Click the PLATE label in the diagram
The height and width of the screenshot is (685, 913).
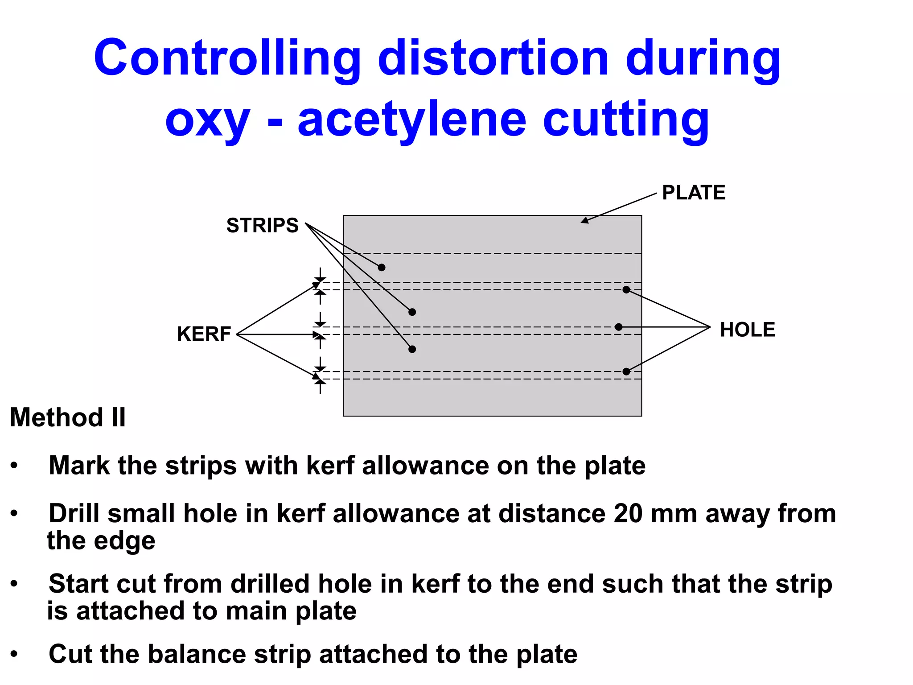[x=693, y=193]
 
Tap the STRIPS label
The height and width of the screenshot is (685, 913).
[x=262, y=225]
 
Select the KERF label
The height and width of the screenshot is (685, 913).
[x=204, y=334]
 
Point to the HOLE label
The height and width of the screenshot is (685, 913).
[x=748, y=330]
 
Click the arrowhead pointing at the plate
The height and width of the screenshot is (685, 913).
[x=584, y=221]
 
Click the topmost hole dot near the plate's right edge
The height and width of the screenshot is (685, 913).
[x=626, y=290]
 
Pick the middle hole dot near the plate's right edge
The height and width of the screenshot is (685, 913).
[x=618, y=327]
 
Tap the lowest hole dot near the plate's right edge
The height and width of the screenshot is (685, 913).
[x=626, y=371]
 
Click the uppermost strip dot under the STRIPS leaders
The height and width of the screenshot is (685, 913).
[x=382, y=268]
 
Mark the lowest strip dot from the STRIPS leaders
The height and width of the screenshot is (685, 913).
[x=412, y=349]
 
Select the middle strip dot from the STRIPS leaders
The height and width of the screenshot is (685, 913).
[x=412, y=312]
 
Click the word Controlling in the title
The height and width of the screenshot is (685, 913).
[x=227, y=58]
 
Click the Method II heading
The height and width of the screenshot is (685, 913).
[x=68, y=417]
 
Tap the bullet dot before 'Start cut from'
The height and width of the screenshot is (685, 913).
[x=14, y=584]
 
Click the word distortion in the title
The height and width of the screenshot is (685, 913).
[x=493, y=58]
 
